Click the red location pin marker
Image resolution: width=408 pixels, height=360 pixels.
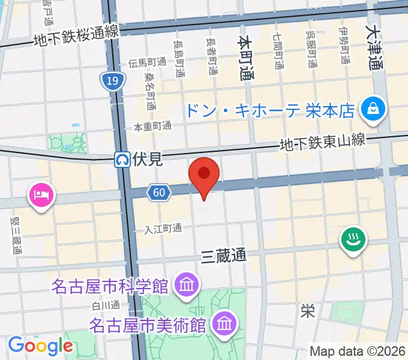point(204,174)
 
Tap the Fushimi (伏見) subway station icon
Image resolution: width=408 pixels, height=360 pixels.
point(122,159)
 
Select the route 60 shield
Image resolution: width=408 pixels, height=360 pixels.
point(158,193)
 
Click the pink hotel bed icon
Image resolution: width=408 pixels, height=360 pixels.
point(41,196)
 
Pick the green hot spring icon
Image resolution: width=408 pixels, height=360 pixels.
point(353,240)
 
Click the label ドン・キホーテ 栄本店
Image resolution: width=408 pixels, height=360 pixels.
point(269,110)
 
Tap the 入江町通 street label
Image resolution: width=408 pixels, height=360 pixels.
point(163,229)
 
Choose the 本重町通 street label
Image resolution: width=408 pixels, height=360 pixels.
point(152,127)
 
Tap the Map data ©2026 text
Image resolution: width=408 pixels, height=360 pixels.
point(358,350)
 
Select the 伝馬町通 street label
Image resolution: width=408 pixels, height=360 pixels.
point(147,63)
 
